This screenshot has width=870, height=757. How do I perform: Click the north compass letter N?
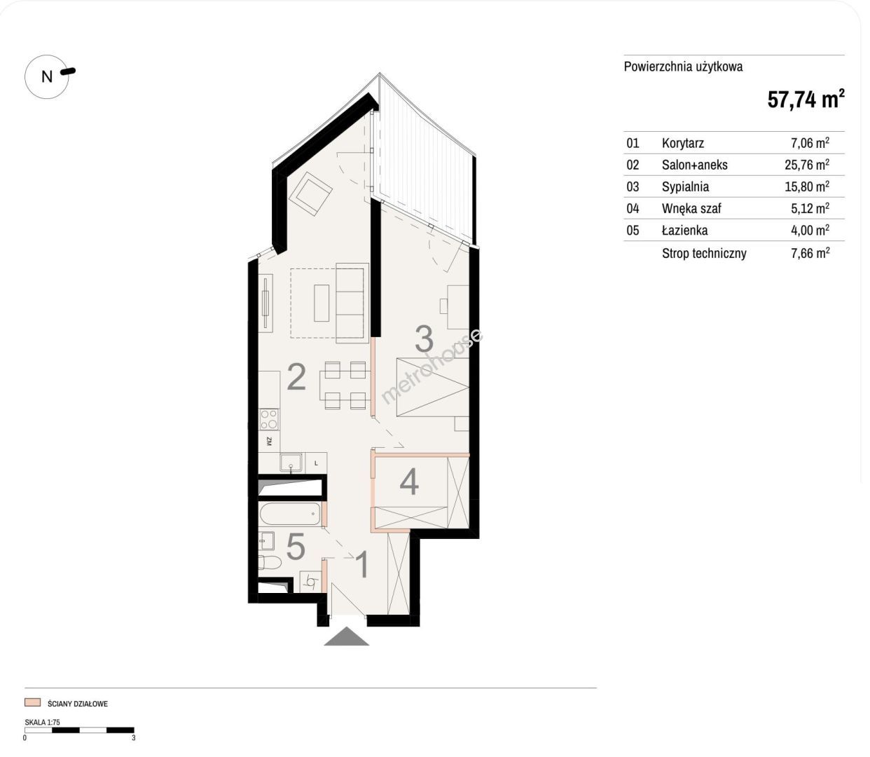[x=47, y=76]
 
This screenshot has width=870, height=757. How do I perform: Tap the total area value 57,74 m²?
[x=806, y=100]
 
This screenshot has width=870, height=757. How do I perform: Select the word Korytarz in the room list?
[x=683, y=143]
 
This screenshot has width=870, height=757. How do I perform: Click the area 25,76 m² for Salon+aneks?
[x=807, y=164]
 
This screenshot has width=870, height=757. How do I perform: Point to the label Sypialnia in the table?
[x=685, y=186]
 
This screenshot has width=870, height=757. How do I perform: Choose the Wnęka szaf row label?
[x=691, y=208]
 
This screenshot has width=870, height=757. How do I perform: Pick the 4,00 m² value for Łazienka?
[x=810, y=230]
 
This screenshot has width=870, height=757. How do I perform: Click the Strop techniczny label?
[x=704, y=254]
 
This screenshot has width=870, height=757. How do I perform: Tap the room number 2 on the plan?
[x=296, y=376]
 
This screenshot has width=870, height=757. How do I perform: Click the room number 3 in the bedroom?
[x=424, y=339]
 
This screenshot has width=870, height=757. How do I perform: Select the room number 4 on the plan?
[x=410, y=482]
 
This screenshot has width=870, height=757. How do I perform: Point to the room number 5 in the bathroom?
[x=296, y=547]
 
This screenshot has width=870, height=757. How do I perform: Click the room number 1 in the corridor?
[x=362, y=564]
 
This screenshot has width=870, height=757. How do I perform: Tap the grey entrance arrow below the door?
[x=346, y=636]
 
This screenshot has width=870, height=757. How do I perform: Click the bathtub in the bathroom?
[x=290, y=514]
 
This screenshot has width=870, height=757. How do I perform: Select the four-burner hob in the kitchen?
[x=269, y=420]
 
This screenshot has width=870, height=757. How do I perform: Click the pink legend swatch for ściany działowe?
[x=33, y=702]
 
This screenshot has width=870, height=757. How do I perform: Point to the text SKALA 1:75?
[x=43, y=722]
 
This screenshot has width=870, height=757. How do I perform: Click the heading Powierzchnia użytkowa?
[x=684, y=67]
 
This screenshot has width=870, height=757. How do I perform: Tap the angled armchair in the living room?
[x=310, y=194]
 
